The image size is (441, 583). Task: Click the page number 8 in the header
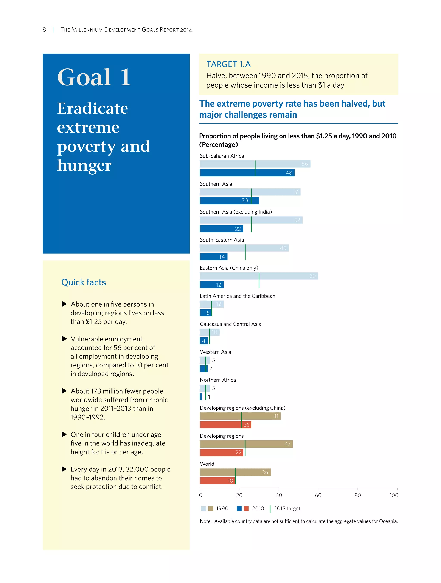click(44, 29)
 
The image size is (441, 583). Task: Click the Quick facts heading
click(83, 282)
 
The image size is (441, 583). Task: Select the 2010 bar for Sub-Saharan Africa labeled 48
click(247, 173)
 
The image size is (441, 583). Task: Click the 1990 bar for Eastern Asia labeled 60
click(259, 276)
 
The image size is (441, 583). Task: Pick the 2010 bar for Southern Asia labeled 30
click(229, 201)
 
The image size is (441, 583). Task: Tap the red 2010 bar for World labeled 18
click(217, 481)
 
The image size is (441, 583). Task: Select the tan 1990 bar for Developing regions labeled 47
click(246, 444)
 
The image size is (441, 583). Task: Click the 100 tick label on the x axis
click(394, 495)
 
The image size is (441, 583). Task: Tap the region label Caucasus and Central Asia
click(230, 324)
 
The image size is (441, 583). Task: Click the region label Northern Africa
click(218, 380)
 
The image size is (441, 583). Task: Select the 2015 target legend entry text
click(287, 509)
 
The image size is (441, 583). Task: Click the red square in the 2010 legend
click(246, 509)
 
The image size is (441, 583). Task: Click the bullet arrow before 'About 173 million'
click(64, 391)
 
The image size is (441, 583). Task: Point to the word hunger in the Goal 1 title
click(84, 166)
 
